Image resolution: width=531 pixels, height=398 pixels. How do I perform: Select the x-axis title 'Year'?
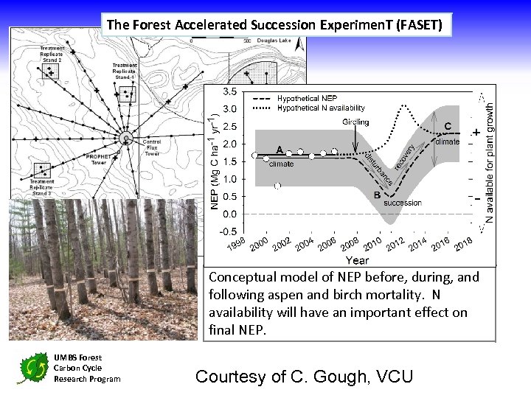click(x=357, y=259)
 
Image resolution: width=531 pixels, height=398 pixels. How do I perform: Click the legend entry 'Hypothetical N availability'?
click(x=321, y=108)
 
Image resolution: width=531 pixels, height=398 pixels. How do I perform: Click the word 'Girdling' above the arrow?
click(x=356, y=122)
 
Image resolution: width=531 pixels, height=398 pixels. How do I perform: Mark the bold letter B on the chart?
click(x=377, y=195)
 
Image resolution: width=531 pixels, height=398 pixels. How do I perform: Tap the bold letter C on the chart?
click(x=448, y=125)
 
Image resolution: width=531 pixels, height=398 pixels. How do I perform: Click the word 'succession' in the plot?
click(x=403, y=202)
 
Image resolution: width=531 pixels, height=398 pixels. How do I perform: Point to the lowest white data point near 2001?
click(x=277, y=186)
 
